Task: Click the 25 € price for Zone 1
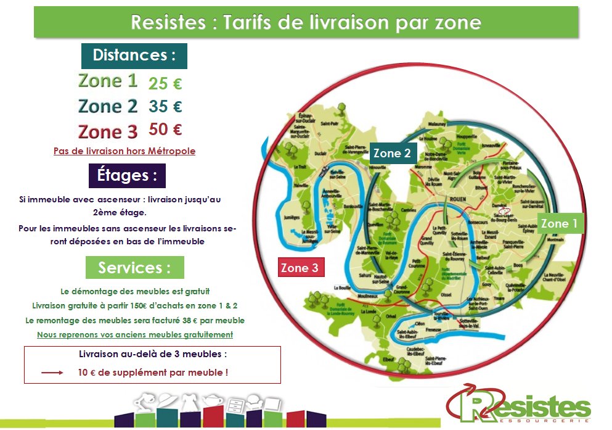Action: (165, 83)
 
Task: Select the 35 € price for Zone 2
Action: (165, 107)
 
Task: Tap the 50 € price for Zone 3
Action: (165, 130)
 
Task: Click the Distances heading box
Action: (134, 56)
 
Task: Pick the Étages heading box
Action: (122, 175)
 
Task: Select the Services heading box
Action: (134, 267)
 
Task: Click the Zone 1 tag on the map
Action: (559, 223)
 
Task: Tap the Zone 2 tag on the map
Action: (392, 153)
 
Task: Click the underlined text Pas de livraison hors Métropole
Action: (124, 151)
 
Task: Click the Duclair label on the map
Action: (320, 153)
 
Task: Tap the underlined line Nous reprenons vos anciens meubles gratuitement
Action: (135, 334)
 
